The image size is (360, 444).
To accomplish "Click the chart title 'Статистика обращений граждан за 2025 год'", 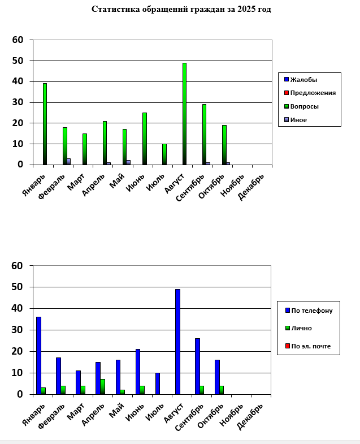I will click(x=181, y=10).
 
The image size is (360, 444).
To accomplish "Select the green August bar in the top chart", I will click(x=184, y=113).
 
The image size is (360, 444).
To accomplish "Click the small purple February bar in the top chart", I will click(x=69, y=162).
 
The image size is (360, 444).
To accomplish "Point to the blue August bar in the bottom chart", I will click(x=177, y=342).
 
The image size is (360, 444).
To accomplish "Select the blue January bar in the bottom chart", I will click(x=38, y=355).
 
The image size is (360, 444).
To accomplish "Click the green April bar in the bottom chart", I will click(x=102, y=386).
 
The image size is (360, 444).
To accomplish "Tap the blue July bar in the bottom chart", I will click(x=158, y=383).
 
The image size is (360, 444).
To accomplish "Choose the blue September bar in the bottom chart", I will click(x=197, y=366).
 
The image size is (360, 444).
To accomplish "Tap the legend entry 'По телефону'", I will click(x=311, y=311).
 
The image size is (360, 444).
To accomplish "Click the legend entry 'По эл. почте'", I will click(x=311, y=346).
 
